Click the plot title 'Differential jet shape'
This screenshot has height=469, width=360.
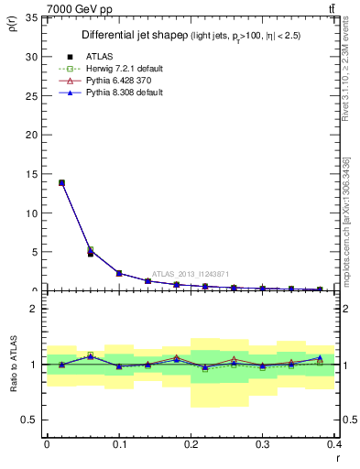pos(135,35)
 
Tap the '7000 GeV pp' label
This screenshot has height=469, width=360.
pos(80,9)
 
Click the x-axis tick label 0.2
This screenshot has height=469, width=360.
pos(191,444)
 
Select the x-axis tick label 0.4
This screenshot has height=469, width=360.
pos(334,444)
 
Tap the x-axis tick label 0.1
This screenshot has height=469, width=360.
pos(119,444)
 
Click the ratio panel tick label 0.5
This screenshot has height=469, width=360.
pos(30,420)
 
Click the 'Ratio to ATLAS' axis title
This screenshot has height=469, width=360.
pos(12,365)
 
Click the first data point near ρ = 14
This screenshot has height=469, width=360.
pos(61,183)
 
